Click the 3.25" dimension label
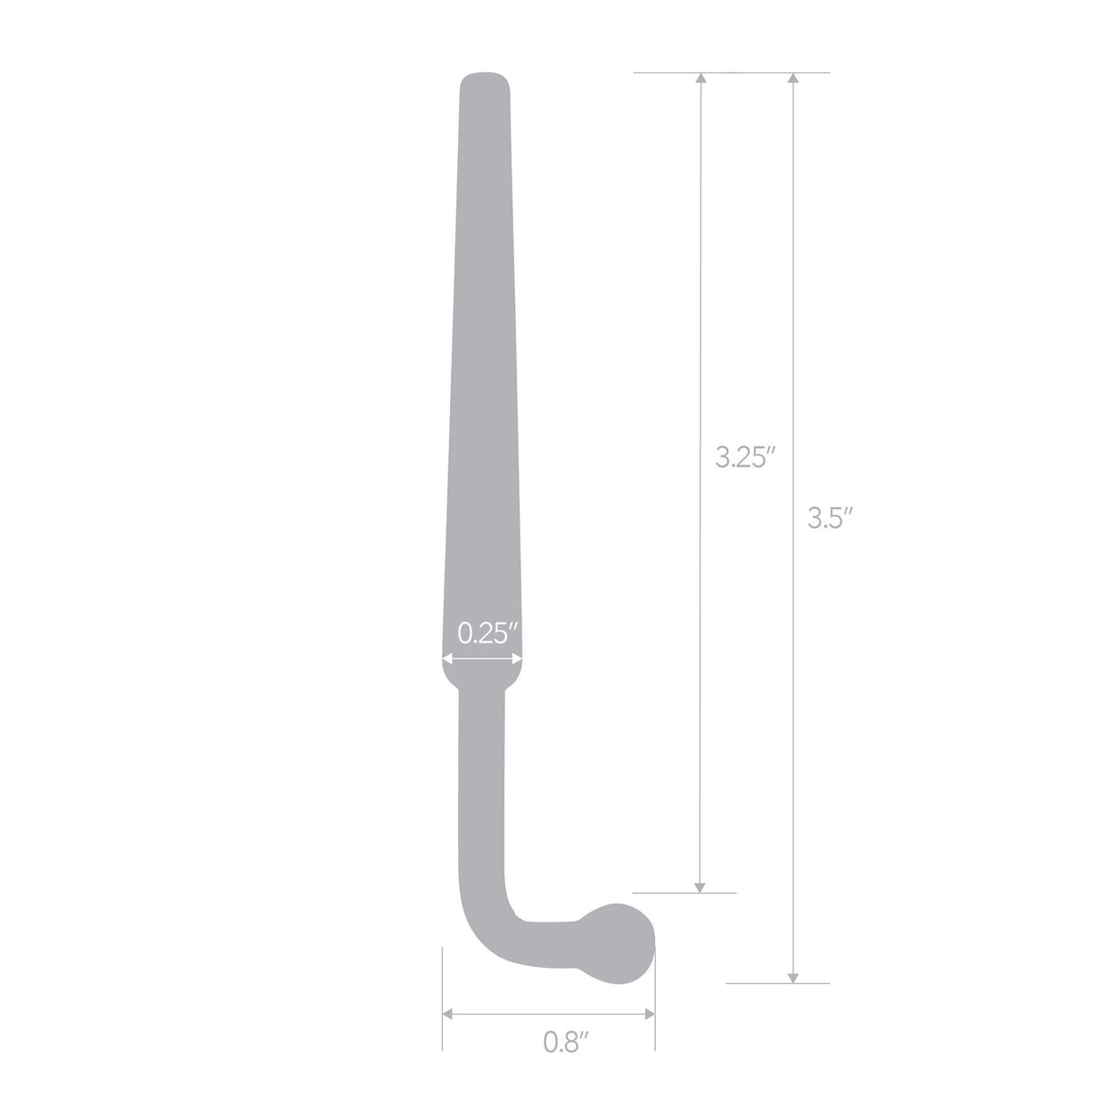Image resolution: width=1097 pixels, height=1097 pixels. [x=746, y=457]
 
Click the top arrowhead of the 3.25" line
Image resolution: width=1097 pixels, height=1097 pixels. [x=699, y=79]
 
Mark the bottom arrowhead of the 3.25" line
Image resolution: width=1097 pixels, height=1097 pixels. [x=699, y=886]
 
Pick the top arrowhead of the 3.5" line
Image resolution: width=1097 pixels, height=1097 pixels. [x=793, y=79]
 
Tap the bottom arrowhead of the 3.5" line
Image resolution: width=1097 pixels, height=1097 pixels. [x=793, y=975]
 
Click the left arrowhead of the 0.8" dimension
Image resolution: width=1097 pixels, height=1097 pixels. [x=448, y=1014]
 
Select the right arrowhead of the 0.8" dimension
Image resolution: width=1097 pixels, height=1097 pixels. [x=650, y=1014]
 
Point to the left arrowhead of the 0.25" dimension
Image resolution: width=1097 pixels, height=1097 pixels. [x=446, y=661]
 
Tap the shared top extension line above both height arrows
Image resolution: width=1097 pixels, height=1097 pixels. [x=732, y=72]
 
